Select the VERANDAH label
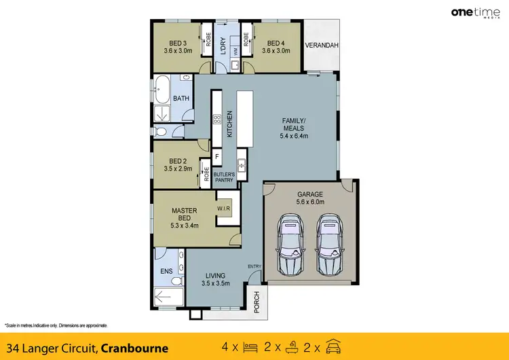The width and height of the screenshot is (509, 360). tap(321, 46)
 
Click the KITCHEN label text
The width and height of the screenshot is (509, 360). tap(229, 124)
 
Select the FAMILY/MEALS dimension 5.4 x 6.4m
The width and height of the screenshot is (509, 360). tap(295, 135)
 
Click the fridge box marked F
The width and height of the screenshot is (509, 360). tap(216, 156)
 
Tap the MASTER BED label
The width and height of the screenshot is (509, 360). tap(184, 215)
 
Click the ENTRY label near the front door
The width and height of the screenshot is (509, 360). tap(254, 266)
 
